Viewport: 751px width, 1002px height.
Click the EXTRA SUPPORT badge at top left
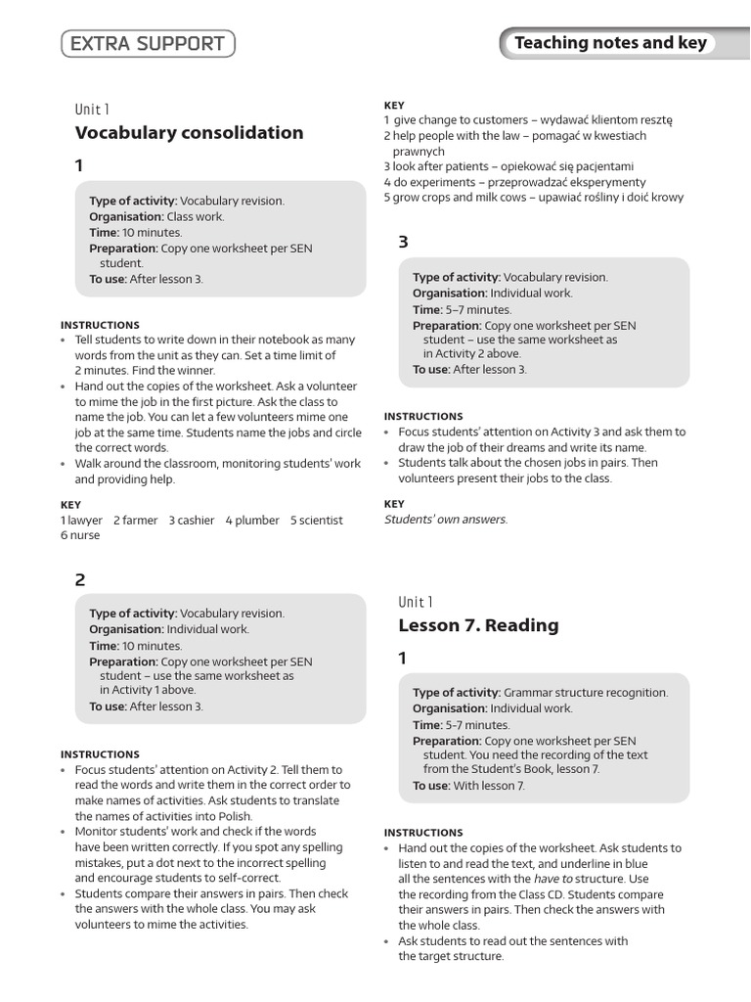[x=148, y=44]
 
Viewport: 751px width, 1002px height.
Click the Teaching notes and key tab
[x=610, y=43]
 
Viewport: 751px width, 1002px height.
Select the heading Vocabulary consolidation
[x=189, y=133]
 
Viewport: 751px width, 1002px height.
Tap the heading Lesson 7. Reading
[x=478, y=625]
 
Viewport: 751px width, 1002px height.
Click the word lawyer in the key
[x=85, y=521]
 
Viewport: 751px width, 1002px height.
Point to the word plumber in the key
[x=257, y=521]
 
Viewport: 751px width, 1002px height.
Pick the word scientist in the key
[x=321, y=521]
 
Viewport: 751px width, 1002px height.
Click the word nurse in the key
[x=84, y=535]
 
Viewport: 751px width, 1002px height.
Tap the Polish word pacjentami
[x=596, y=166]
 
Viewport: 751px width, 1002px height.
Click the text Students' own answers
[x=446, y=520]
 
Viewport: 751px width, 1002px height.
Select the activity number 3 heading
[x=403, y=243]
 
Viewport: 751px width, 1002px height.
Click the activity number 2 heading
[x=80, y=579]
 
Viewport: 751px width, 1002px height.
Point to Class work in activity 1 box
[x=195, y=216]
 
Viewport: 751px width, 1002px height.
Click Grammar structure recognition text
[x=586, y=693]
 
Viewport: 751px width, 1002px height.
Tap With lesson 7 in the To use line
[x=489, y=786]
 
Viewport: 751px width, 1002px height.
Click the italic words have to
[x=552, y=879]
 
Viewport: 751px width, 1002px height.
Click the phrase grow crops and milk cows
[x=456, y=198]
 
